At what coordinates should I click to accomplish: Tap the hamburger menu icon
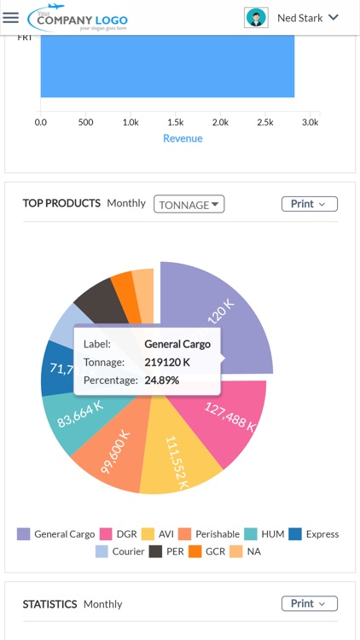pos(10,17)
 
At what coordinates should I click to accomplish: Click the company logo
pos(78,18)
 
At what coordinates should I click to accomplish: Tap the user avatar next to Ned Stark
pos(255,17)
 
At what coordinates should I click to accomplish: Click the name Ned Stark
pos(299,17)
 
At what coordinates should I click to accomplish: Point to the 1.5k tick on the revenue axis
pos(174,122)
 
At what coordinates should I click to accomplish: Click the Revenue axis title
pos(183,138)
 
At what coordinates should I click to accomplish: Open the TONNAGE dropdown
pos(189,205)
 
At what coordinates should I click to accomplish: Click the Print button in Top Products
pos(309,204)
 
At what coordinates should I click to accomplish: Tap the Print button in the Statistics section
pos(309,603)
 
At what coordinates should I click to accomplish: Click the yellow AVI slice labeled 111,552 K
pos(176,461)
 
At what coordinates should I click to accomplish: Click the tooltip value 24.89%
pos(162,380)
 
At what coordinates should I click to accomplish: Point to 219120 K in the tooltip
pos(167,362)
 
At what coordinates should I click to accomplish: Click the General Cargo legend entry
pos(56,534)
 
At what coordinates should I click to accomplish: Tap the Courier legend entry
pos(120,551)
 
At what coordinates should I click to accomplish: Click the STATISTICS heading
pos(49,604)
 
